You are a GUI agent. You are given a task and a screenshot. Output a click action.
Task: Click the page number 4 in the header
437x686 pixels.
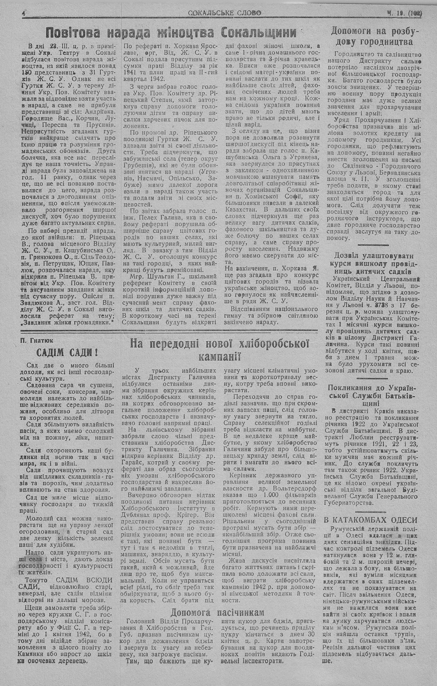pyautogui.click(x=24, y=14)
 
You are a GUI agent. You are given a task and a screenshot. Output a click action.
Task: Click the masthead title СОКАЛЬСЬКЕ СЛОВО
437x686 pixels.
pyautogui.click(x=225, y=13)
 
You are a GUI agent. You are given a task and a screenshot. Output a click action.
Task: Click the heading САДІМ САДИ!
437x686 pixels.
pyautogui.click(x=66, y=352)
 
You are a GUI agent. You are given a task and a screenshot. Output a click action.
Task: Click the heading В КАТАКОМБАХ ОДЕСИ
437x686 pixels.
pyautogui.click(x=371, y=520)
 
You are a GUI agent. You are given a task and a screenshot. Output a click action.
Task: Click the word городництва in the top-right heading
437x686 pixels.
pyautogui.click(x=384, y=42)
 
